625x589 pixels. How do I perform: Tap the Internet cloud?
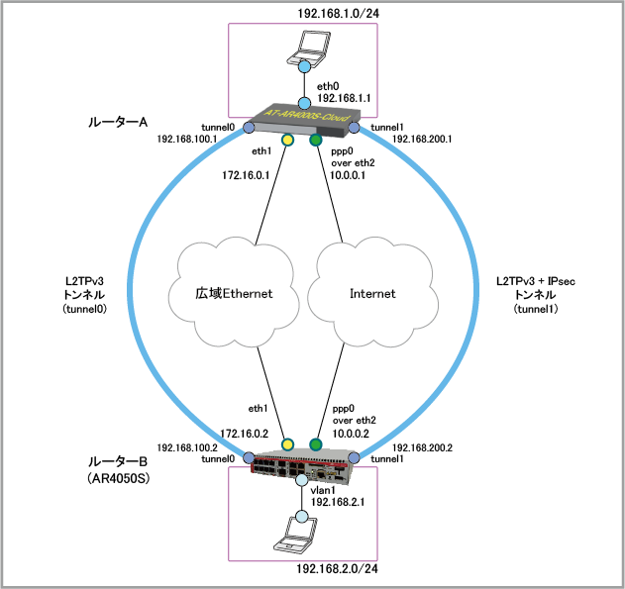(x=372, y=294)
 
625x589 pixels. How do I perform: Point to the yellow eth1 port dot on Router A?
(x=287, y=141)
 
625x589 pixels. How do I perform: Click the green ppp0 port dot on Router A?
(x=316, y=141)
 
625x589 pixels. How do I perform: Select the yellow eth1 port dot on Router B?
(x=288, y=444)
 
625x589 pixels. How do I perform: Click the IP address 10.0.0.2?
(x=350, y=433)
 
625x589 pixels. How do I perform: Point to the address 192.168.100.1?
(x=186, y=140)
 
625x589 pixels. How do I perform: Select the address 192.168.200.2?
(x=422, y=447)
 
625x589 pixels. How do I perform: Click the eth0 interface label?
(x=329, y=87)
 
